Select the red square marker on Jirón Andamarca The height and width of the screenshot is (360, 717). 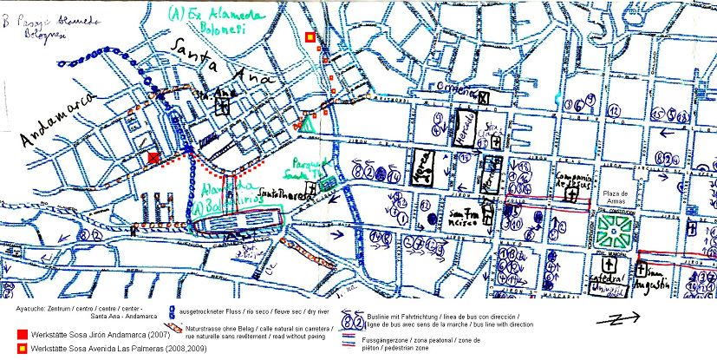(x=153, y=156)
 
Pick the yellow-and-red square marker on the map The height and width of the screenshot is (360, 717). (x=310, y=37)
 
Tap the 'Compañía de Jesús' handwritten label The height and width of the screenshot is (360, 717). (x=570, y=179)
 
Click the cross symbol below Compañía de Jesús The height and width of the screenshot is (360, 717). (x=571, y=196)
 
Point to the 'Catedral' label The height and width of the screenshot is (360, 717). (x=607, y=279)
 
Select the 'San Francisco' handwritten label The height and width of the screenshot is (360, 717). (x=465, y=215)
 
